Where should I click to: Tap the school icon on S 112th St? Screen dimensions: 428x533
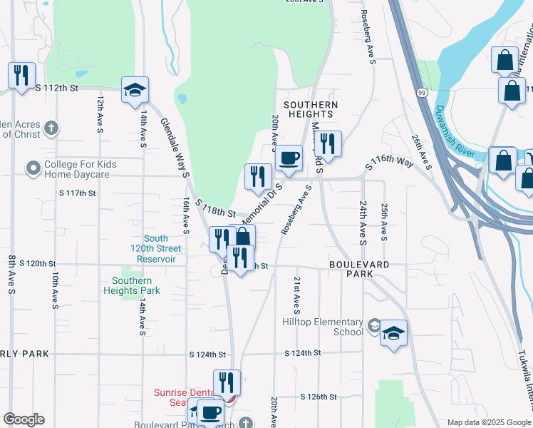pos(135,91)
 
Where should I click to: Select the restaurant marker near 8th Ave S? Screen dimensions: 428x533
pos(21,75)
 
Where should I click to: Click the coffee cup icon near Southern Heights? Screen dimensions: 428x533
pos(289,158)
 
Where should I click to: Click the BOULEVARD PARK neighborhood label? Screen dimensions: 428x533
pos(359,264)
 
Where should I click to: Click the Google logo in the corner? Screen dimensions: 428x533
pos(24,419)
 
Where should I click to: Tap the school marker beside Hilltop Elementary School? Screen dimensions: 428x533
pos(393,333)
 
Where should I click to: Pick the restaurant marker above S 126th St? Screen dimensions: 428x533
pos(227,383)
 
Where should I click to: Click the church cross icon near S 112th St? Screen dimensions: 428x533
pos(50,128)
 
